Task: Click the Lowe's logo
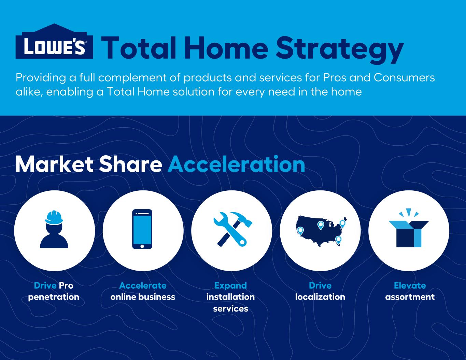(x=54, y=41)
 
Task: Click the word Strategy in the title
(x=339, y=49)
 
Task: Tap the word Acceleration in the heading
(x=236, y=164)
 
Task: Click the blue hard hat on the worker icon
(x=54, y=218)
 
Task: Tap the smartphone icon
(x=142, y=229)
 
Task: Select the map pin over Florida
(x=338, y=240)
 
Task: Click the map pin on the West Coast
(x=300, y=231)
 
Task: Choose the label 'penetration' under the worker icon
(x=54, y=297)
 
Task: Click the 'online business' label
(x=143, y=297)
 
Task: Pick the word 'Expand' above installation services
(x=230, y=286)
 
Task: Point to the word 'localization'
(x=320, y=297)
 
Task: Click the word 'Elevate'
(x=410, y=286)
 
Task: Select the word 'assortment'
(x=410, y=297)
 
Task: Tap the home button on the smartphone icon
(x=142, y=246)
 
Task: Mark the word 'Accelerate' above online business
(x=143, y=286)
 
